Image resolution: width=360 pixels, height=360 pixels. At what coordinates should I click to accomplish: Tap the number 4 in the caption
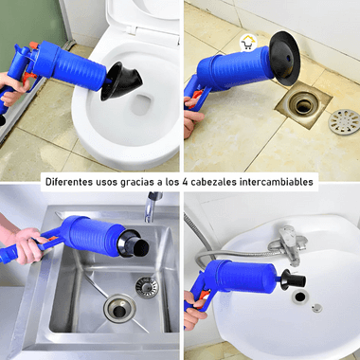[185, 182]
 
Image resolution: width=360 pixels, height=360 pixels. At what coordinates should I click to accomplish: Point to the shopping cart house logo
[248, 43]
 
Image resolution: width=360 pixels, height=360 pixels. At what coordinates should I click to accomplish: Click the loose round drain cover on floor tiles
[344, 122]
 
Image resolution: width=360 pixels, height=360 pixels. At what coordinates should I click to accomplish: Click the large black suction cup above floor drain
[284, 58]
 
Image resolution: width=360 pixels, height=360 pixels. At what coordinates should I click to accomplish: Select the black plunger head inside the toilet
[120, 81]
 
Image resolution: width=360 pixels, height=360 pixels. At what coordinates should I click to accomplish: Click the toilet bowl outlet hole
[141, 104]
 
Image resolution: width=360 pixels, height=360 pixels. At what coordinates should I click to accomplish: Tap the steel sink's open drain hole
[119, 309]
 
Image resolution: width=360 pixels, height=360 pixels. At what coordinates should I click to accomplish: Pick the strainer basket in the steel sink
[147, 287]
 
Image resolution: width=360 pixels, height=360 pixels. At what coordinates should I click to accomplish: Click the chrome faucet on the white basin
[289, 244]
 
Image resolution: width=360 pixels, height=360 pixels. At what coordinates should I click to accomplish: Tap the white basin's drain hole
[300, 297]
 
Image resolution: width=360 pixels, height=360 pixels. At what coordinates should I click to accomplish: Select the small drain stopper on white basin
[316, 308]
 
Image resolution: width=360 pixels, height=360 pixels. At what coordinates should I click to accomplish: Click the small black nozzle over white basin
[293, 279]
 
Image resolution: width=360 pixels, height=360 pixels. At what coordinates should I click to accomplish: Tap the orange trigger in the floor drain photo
[196, 97]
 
